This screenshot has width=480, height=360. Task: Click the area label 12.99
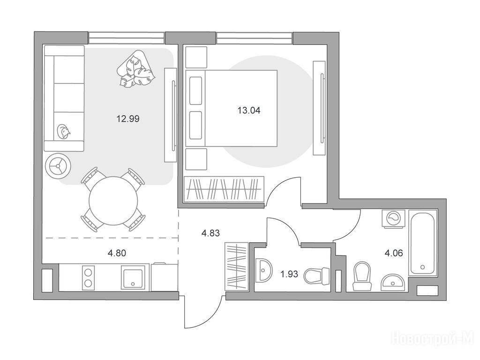(x=128, y=119)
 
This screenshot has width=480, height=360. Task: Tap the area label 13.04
(x=249, y=110)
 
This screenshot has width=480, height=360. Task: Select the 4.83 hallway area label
(x=210, y=233)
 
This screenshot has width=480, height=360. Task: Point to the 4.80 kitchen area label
(x=117, y=253)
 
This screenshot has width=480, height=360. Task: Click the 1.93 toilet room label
(x=289, y=274)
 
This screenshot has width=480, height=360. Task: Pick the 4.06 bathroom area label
(x=393, y=253)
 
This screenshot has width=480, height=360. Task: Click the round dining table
(x=113, y=201)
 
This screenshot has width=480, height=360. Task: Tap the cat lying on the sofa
(x=64, y=132)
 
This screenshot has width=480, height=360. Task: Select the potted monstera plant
(x=135, y=69)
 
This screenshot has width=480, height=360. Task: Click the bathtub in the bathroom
(x=422, y=242)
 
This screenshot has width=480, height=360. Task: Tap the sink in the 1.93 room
(x=263, y=270)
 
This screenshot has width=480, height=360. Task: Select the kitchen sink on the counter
(x=133, y=277)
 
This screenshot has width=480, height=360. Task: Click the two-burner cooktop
(x=89, y=277)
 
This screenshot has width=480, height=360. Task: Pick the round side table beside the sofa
(x=58, y=166)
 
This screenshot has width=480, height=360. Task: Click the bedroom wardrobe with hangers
(x=224, y=189)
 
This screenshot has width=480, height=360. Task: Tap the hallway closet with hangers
(x=236, y=266)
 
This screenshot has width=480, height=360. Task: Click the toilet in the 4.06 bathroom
(x=362, y=276)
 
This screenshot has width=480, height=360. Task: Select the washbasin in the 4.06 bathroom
(x=393, y=282)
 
